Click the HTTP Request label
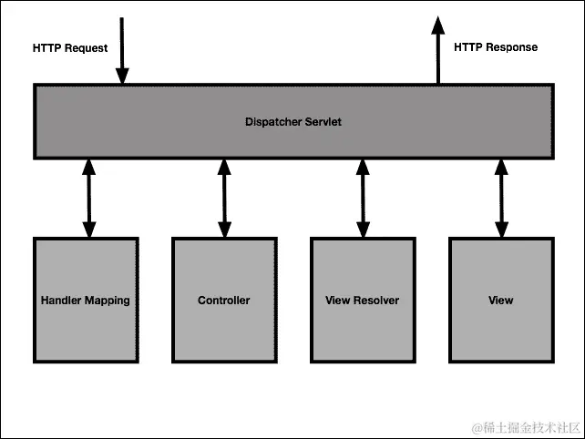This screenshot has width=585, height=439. (69, 48)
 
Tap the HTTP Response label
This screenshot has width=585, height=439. (495, 47)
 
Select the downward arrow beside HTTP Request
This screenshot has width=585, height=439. (123, 50)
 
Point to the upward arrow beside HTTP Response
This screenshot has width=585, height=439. (438, 50)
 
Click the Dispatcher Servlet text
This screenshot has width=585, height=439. (293, 122)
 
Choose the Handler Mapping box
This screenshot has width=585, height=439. (86, 301)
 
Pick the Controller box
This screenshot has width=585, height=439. (224, 301)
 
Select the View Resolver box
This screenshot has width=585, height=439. (363, 301)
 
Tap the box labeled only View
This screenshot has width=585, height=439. (500, 301)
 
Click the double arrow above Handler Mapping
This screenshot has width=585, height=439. (88, 198)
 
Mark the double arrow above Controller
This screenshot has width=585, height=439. (224, 198)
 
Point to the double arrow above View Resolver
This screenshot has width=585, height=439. (363, 198)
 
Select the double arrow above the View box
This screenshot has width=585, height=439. (500, 198)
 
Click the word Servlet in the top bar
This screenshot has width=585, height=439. (323, 122)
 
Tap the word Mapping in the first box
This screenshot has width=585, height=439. (107, 301)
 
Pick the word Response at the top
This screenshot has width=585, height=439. (512, 47)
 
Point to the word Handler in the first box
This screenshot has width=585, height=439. (61, 301)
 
